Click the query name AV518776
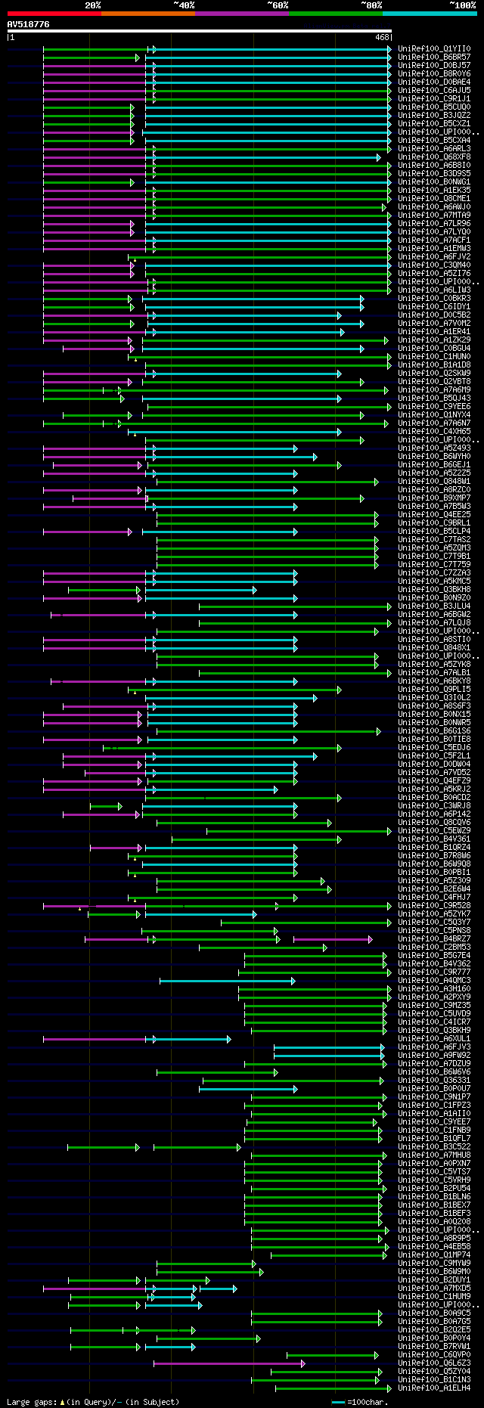click(x=28, y=24)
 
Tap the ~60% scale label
click(x=278, y=5)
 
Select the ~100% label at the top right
click(x=462, y=5)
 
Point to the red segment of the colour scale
click(x=54, y=14)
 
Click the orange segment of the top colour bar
click(x=147, y=14)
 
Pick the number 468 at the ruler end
click(x=382, y=36)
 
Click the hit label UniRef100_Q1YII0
click(x=434, y=48)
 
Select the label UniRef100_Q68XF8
click(x=434, y=157)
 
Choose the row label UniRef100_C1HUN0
click(x=434, y=356)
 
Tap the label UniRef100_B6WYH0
click(x=434, y=456)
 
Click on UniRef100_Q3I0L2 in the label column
click(x=434, y=697)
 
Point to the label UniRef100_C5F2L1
click(x=434, y=755)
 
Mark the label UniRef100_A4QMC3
click(x=434, y=980)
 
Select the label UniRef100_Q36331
click(x=434, y=1080)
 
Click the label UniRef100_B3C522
click(x=434, y=1146)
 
